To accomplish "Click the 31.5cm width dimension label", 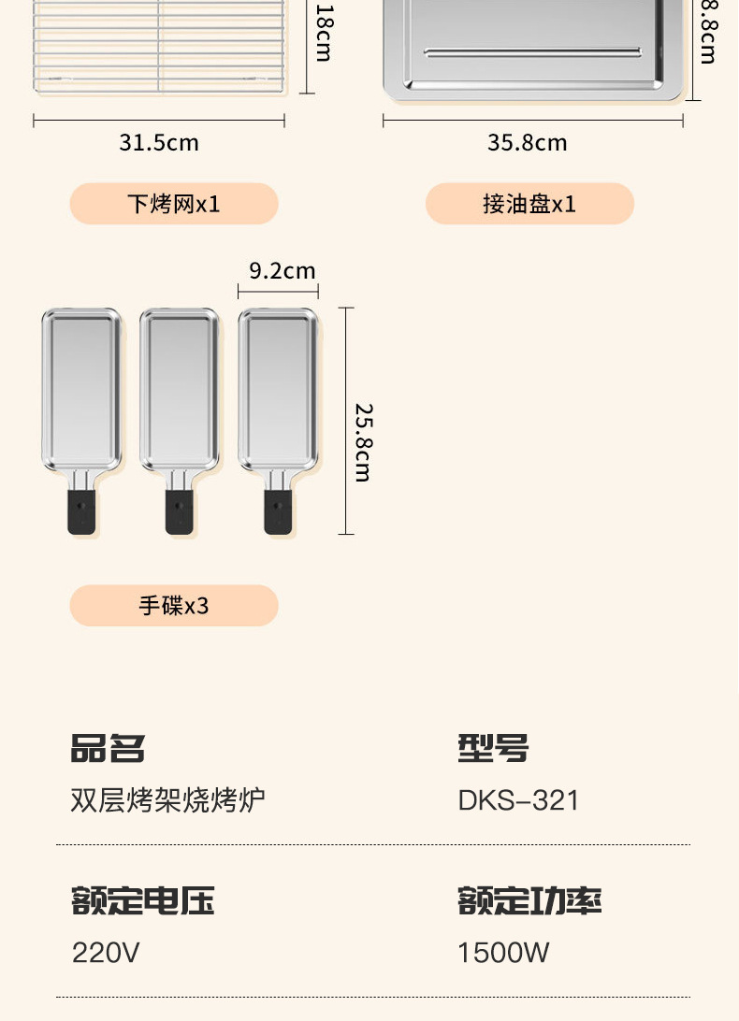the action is coord(158,143).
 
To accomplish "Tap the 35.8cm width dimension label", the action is coord(527,143).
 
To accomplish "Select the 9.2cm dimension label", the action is coord(282,271).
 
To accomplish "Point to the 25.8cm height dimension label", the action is coord(363,442).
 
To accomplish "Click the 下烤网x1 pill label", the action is coord(174,204).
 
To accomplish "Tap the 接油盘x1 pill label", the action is coord(529,204).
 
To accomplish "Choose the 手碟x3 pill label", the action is coord(174,606).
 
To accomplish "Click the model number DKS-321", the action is coord(518,800).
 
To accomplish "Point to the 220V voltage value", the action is coord(106,953).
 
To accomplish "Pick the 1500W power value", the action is coord(503,953).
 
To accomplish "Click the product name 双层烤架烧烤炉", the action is coord(167,800).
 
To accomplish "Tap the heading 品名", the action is coord(108,749).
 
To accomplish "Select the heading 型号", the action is coord(493,749).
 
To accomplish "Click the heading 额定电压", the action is coord(142,901).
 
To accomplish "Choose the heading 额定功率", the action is coord(529,901).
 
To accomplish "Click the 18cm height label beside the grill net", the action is coord(324,33).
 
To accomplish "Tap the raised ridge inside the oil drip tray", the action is coord(532,51).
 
